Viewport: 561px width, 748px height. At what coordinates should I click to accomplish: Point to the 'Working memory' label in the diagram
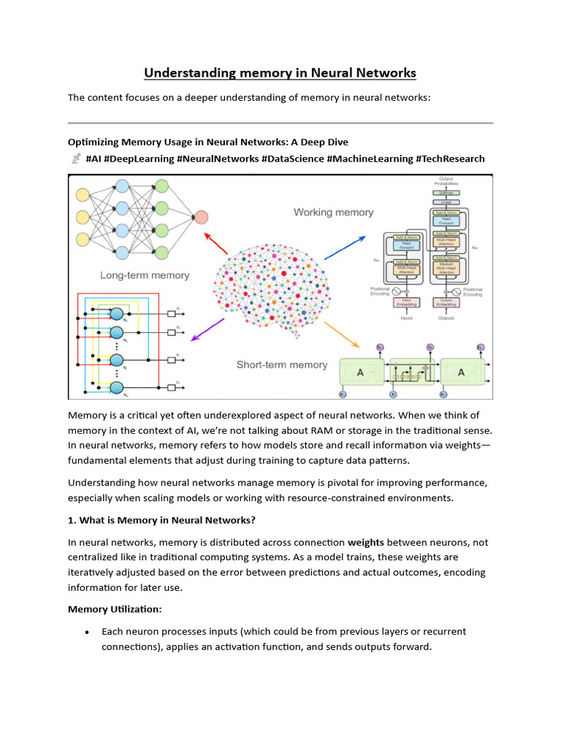333,213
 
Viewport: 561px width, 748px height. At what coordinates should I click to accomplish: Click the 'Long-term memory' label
145,275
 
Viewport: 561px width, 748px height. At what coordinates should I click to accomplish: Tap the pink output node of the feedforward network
201,217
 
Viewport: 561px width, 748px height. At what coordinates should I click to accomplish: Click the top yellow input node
83,195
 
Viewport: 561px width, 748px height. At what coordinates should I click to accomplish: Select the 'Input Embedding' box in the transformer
403,302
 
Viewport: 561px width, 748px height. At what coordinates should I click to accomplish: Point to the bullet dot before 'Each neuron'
88,632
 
